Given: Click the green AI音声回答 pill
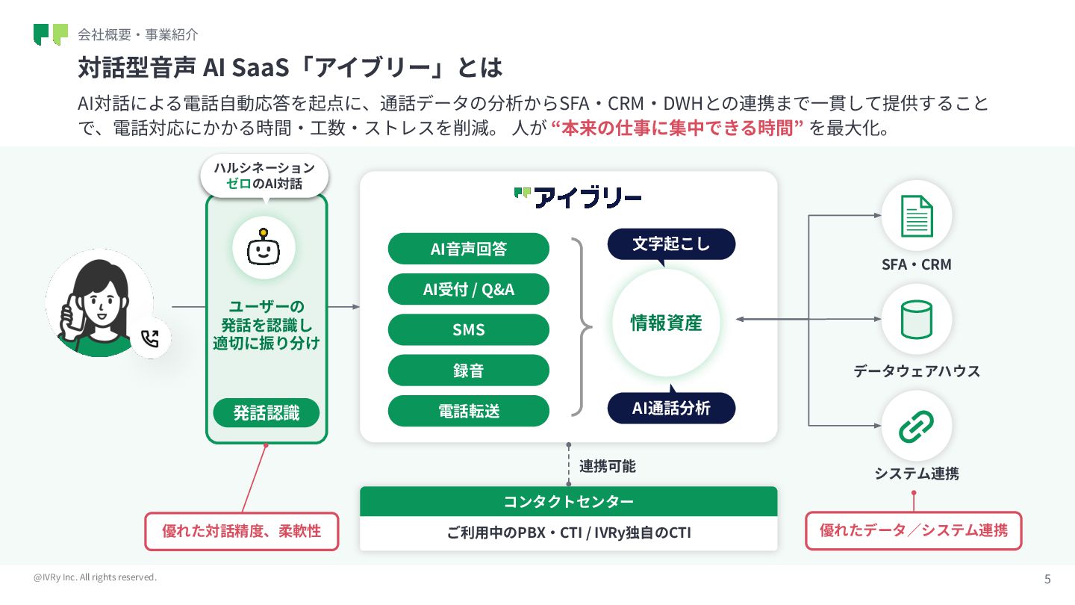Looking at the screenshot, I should click(468, 249).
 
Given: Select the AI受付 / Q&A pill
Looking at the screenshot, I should click(468, 289).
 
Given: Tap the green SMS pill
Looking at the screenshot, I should click(468, 329).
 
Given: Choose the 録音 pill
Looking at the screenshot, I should click(468, 370).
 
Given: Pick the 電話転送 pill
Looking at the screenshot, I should click(468, 411).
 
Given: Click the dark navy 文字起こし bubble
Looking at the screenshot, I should click(671, 244).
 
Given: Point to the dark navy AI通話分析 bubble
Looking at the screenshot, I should click(671, 408).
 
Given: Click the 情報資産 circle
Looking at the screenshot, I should click(666, 323).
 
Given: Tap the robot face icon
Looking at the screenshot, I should click(264, 248).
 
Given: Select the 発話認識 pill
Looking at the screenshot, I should click(266, 412).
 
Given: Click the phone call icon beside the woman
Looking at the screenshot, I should click(150, 339).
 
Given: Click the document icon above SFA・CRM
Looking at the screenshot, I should click(916, 216).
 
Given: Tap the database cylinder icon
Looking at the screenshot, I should click(916, 319).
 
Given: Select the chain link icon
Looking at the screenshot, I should click(916, 426).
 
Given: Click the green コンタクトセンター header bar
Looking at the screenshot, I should click(568, 501).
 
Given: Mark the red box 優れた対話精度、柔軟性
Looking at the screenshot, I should click(241, 531).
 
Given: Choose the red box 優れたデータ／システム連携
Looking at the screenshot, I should click(913, 530).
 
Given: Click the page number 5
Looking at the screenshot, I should click(1047, 579).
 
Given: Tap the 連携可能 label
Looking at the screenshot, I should click(608, 466).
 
